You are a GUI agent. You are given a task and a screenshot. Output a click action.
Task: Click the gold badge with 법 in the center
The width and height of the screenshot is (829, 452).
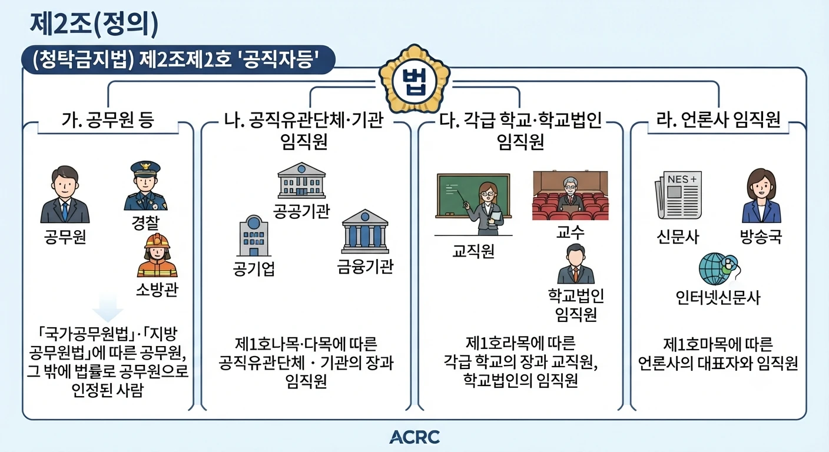(x=414, y=79)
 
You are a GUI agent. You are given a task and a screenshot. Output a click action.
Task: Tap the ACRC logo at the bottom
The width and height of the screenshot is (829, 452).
(x=414, y=437)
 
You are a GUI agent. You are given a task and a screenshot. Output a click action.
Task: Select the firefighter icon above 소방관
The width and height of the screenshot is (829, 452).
(x=157, y=255)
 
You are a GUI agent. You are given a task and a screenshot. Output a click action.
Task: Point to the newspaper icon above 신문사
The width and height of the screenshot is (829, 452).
(x=678, y=195)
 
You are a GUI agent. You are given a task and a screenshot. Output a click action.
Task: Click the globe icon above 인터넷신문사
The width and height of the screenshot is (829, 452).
(x=718, y=268)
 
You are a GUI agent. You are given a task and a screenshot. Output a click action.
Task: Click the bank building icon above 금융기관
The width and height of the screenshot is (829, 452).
(x=365, y=231)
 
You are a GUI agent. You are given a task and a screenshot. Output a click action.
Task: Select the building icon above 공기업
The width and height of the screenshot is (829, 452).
(x=254, y=235)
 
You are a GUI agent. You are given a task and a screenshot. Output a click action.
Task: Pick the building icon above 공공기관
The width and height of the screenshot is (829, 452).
(x=301, y=180)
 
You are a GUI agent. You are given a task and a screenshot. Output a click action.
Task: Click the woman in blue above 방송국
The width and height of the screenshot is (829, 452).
(x=761, y=195)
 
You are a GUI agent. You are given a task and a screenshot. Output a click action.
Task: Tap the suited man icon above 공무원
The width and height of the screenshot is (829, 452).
(x=65, y=194)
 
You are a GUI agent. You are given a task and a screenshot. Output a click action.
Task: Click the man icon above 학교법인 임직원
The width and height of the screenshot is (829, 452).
(x=576, y=264)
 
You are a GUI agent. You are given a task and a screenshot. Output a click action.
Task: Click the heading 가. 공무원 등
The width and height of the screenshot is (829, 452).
(x=108, y=120)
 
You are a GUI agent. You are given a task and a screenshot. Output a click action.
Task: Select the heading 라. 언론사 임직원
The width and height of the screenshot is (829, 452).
(x=718, y=119)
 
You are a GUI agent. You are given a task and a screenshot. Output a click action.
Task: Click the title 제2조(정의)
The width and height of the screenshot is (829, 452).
(x=94, y=24)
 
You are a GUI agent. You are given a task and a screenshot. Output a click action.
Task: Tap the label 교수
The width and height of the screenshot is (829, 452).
(x=571, y=232)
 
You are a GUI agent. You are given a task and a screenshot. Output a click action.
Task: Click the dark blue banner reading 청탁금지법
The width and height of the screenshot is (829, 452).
(x=178, y=59)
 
